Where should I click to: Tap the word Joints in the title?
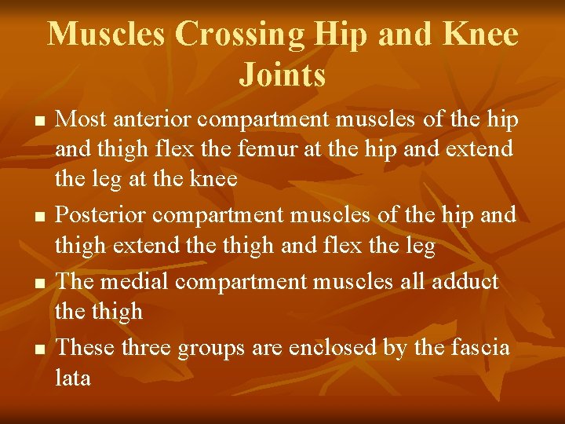282,75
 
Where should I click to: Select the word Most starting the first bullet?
82,119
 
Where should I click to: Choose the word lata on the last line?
73,378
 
